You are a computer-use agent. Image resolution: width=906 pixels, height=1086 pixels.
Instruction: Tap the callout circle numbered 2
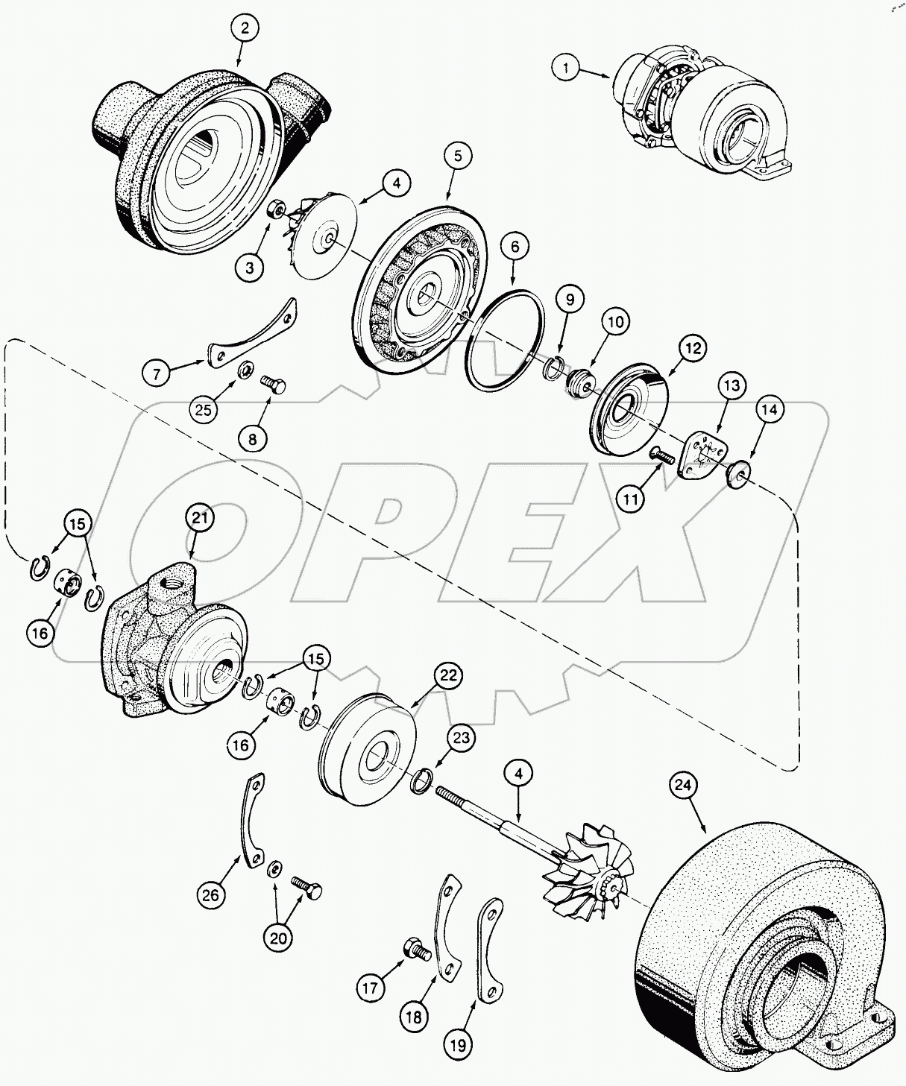[x=245, y=29]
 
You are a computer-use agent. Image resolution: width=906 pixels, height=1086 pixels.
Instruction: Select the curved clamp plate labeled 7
[x=252, y=332]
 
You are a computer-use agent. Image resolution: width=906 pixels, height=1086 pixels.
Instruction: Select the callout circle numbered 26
[x=211, y=894]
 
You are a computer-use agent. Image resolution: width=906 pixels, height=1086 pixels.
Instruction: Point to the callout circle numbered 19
[x=460, y=1046]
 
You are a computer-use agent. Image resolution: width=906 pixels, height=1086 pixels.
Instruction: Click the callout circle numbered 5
[x=458, y=156]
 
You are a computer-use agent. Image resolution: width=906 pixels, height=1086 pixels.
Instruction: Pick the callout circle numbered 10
[x=617, y=322]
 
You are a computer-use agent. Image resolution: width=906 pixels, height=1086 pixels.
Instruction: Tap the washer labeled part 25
[x=244, y=370]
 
